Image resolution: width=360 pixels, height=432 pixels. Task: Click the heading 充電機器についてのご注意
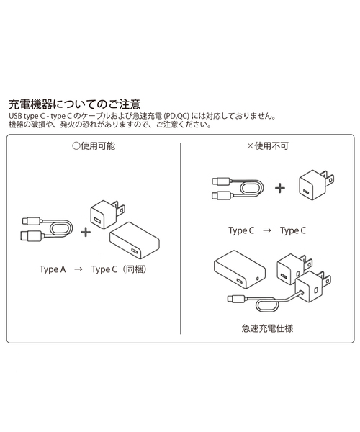(x=73, y=104)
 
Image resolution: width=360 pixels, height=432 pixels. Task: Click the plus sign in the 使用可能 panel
(x=86, y=231)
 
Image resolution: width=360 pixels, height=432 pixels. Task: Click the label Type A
(x=53, y=269)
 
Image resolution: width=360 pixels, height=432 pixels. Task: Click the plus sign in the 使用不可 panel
(x=279, y=188)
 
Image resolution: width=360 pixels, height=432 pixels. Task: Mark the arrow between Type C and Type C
(x=266, y=230)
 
